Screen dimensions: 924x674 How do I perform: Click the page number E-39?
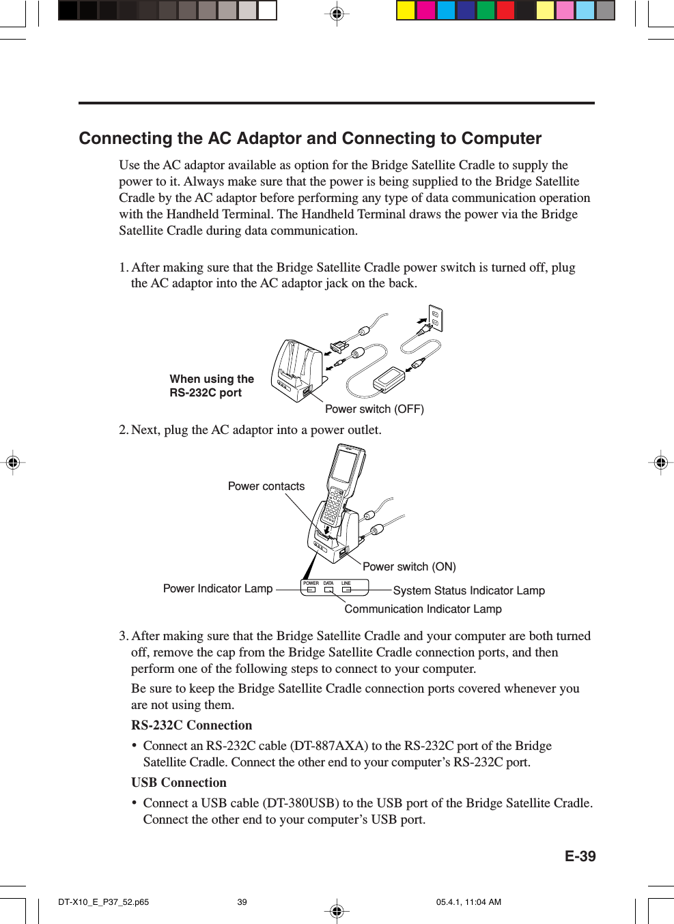click(580, 856)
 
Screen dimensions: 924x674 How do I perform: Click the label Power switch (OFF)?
click(374, 409)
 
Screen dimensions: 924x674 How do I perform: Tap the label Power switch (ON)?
click(409, 567)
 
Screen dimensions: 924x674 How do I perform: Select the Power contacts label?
click(266, 487)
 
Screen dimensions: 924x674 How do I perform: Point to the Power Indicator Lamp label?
click(218, 589)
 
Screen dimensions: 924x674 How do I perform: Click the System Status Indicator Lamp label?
click(468, 591)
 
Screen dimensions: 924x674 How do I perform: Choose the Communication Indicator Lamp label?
click(423, 609)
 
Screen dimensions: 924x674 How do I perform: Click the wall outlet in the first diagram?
click(435, 319)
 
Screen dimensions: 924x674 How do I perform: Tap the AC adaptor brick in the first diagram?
click(390, 379)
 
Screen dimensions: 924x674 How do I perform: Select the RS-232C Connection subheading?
click(192, 725)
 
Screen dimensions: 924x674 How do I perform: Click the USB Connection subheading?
click(179, 783)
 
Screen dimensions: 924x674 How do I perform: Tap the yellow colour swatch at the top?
click(406, 10)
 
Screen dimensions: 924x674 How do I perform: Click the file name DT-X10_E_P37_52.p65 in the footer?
click(104, 902)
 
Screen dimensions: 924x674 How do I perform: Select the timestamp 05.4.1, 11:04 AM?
click(468, 902)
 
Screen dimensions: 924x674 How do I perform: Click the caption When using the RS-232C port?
click(212, 386)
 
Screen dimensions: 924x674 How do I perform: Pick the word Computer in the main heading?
click(501, 139)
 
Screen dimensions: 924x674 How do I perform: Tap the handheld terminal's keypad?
click(335, 505)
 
